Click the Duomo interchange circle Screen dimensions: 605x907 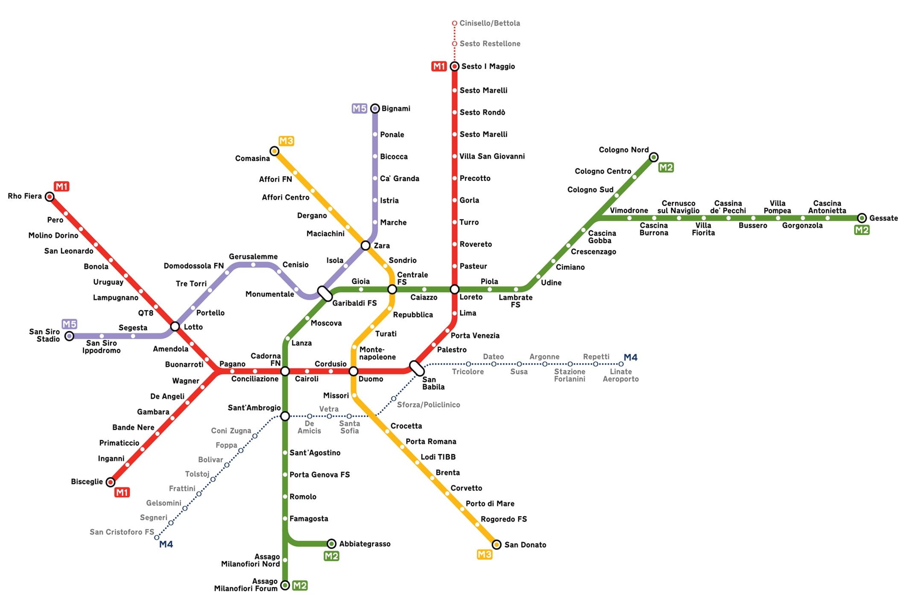click(x=354, y=371)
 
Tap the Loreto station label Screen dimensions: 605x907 click(x=471, y=297)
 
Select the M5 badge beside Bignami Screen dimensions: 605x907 click(x=359, y=109)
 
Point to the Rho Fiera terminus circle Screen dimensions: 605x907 click(x=50, y=197)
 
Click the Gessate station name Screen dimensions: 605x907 click(x=884, y=218)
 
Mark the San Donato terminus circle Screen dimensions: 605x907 click(x=496, y=544)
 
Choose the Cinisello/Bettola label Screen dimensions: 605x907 click(x=489, y=23)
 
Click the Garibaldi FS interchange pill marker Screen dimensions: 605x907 click(x=325, y=294)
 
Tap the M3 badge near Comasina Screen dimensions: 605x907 click(x=286, y=141)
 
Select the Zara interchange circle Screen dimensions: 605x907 click(x=366, y=245)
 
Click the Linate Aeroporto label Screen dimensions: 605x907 click(x=620, y=375)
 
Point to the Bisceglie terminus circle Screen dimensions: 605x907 click(x=111, y=482)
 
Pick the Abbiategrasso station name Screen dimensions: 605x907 click(x=365, y=544)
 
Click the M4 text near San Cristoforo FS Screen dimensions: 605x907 click(x=166, y=544)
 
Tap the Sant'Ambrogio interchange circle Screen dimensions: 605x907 click(x=285, y=416)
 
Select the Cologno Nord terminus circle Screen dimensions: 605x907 click(x=653, y=157)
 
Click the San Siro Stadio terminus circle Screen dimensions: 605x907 click(x=69, y=336)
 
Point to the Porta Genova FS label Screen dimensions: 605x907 click(x=319, y=475)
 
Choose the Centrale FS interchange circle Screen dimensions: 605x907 click(x=392, y=289)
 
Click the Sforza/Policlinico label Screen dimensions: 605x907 click(x=428, y=405)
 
